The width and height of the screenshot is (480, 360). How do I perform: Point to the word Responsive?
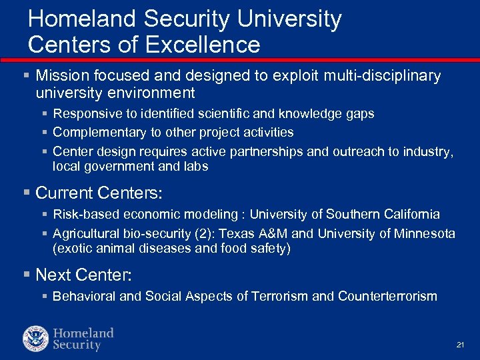[85, 114]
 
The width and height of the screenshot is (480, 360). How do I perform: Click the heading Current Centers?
[99, 193]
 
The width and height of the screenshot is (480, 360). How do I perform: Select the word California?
[408, 215]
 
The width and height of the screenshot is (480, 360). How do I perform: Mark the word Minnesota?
[424, 234]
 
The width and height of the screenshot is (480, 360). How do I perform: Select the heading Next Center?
[90, 275]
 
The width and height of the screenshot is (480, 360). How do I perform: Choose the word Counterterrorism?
[387, 296]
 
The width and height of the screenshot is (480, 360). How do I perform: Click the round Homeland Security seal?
[35, 339]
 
